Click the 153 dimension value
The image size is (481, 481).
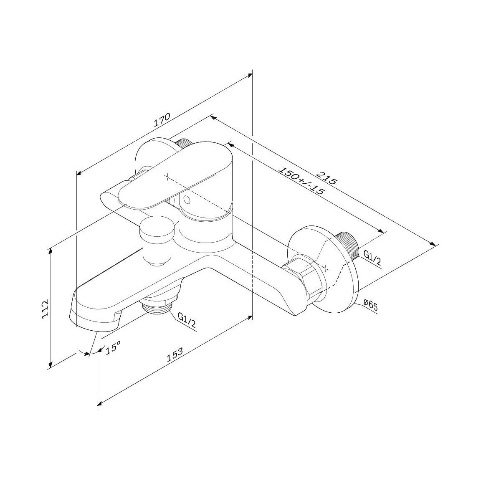[x=175, y=355]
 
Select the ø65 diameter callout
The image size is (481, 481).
[x=370, y=306]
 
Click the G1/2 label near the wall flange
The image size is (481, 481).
[x=372, y=258]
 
